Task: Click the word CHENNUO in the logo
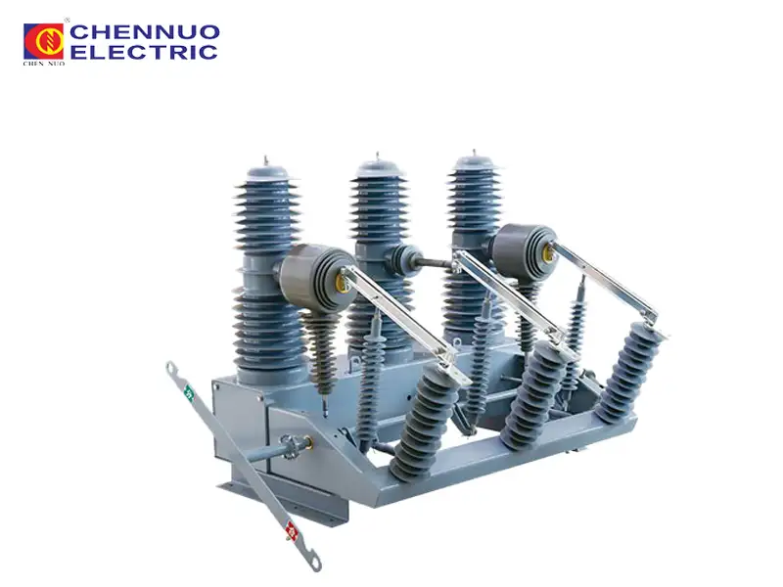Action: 144,32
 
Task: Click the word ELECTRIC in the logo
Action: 144,52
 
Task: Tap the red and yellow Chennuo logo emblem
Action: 44,41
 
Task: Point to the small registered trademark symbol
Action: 68,21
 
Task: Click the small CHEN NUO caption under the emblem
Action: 44,65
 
